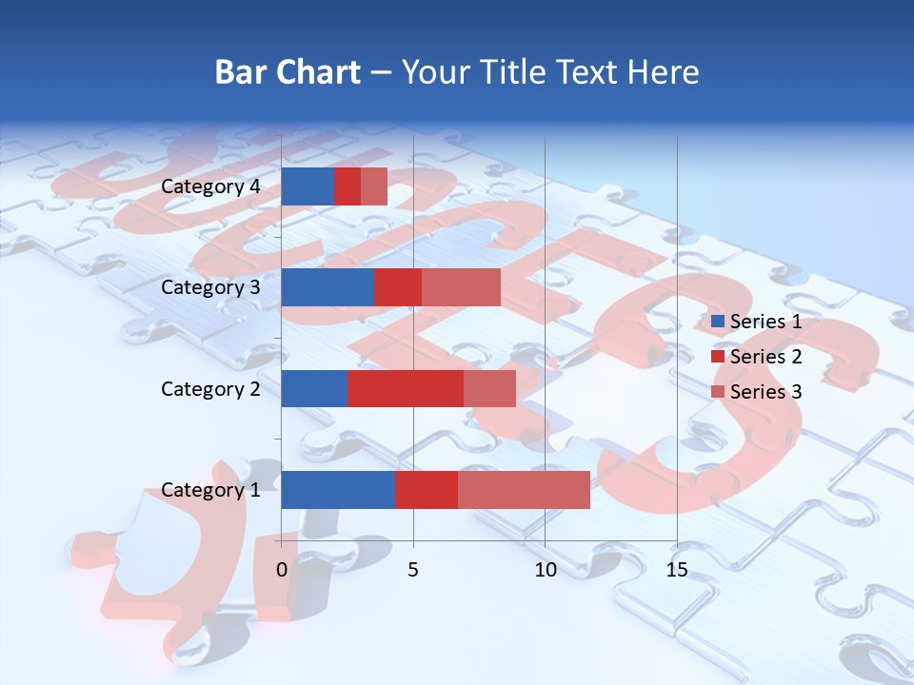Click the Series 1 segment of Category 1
pos(338,490)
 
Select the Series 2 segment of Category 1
pos(427,490)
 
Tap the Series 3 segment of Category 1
pos(524,490)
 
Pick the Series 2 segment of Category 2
pos(406,388)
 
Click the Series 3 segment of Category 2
pos(489,388)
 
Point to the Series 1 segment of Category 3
pos(328,287)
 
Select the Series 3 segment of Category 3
pos(461,287)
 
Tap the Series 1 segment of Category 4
pos(308,186)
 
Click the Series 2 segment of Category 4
pos(348,186)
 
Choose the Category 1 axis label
pos(209,490)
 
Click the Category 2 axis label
pos(209,388)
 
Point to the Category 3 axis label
pos(209,287)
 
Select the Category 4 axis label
pos(209,186)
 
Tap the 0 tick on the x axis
pos(282,571)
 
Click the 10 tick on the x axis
pos(545,571)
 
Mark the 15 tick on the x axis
pos(676,571)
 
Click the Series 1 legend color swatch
pos(718,322)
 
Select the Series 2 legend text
pos(765,357)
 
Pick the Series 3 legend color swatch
pos(718,392)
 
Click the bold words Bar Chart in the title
pos(287,72)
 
